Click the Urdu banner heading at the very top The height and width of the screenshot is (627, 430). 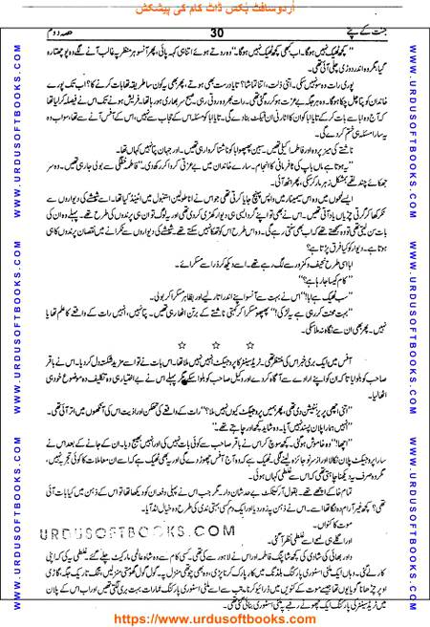(x=215, y=10)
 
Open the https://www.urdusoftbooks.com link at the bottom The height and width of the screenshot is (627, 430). (x=215, y=616)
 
